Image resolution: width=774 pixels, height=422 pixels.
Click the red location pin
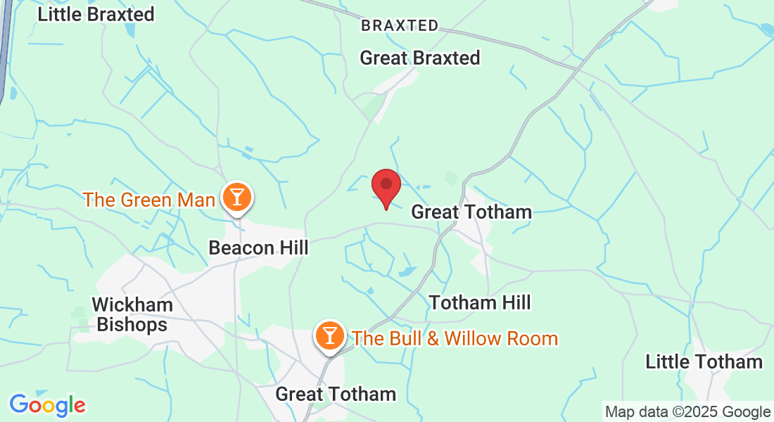pyautogui.click(x=386, y=186)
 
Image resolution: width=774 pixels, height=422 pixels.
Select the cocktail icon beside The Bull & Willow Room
pyautogui.click(x=329, y=335)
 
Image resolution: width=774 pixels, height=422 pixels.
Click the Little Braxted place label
pyautogui.click(x=96, y=14)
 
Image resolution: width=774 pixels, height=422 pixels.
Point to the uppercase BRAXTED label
pyautogui.click(x=400, y=26)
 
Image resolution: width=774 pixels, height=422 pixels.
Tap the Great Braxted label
pyautogui.click(x=420, y=58)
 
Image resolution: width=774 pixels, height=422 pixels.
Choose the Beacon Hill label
pyautogui.click(x=259, y=248)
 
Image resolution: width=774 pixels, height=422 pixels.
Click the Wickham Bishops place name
pyautogui.click(x=132, y=314)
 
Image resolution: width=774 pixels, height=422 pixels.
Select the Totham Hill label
pyautogui.click(x=480, y=303)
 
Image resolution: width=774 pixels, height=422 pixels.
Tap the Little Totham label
pyautogui.click(x=704, y=362)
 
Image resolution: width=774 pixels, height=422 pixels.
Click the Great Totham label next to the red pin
pyautogui.click(x=471, y=212)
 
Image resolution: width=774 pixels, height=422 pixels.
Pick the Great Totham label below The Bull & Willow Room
pyautogui.click(x=336, y=394)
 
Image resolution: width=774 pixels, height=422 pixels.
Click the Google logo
pyautogui.click(x=47, y=405)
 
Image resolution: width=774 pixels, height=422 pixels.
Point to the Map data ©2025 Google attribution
pyautogui.click(x=688, y=412)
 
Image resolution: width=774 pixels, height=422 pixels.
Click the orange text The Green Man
pyautogui.click(x=148, y=200)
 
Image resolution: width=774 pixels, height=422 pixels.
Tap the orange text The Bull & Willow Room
pyautogui.click(x=455, y=338)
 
